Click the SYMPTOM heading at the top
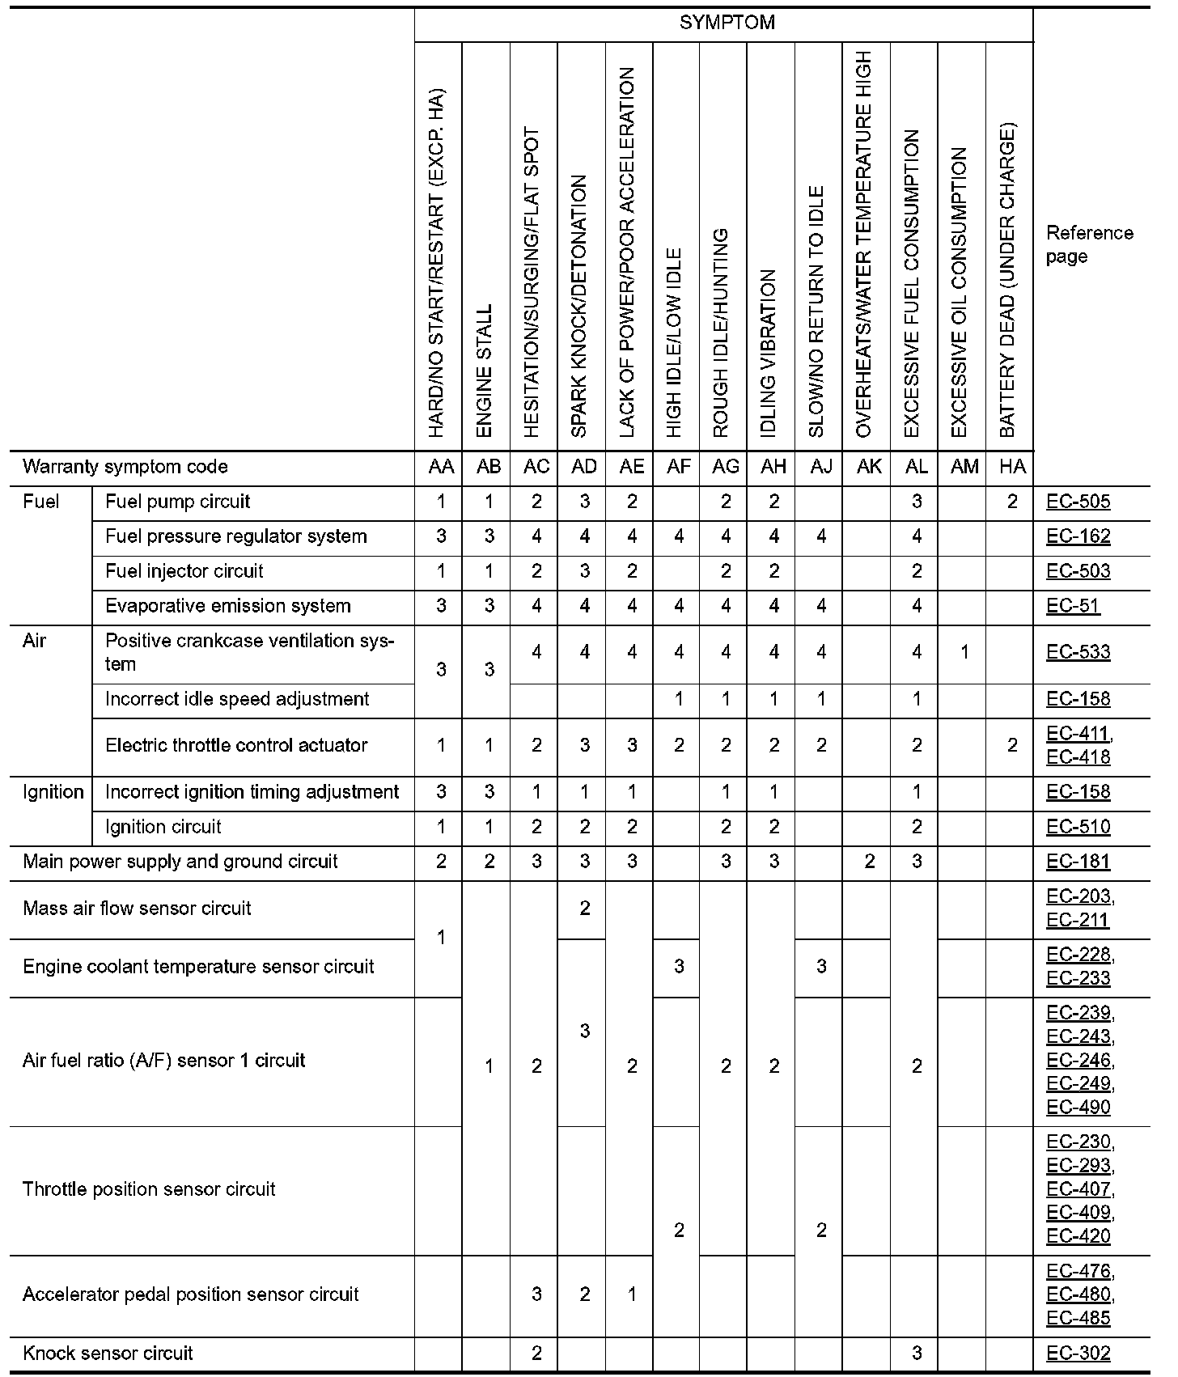click(727, 23)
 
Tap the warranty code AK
click(868, 467)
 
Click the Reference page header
click(1089, 244)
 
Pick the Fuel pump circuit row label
click(177, 502)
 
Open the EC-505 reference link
click(1078, 502)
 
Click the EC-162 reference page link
click(1078, 536)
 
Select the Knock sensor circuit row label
click(108, 1354)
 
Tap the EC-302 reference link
click(1078, 1354)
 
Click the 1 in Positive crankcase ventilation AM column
click(964, 652)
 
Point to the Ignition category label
click(53, 792)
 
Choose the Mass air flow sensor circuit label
click(137, 909)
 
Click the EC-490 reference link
click(1078, 1107)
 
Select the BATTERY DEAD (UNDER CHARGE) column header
click(1007, 280)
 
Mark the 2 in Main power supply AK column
click(869, 862)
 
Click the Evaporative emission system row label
click(227, 606)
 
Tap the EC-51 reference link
click(1073, 606)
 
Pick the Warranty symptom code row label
click(125, 467)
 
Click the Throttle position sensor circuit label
click(149, 1189)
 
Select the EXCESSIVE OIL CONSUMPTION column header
click(960, 292)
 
